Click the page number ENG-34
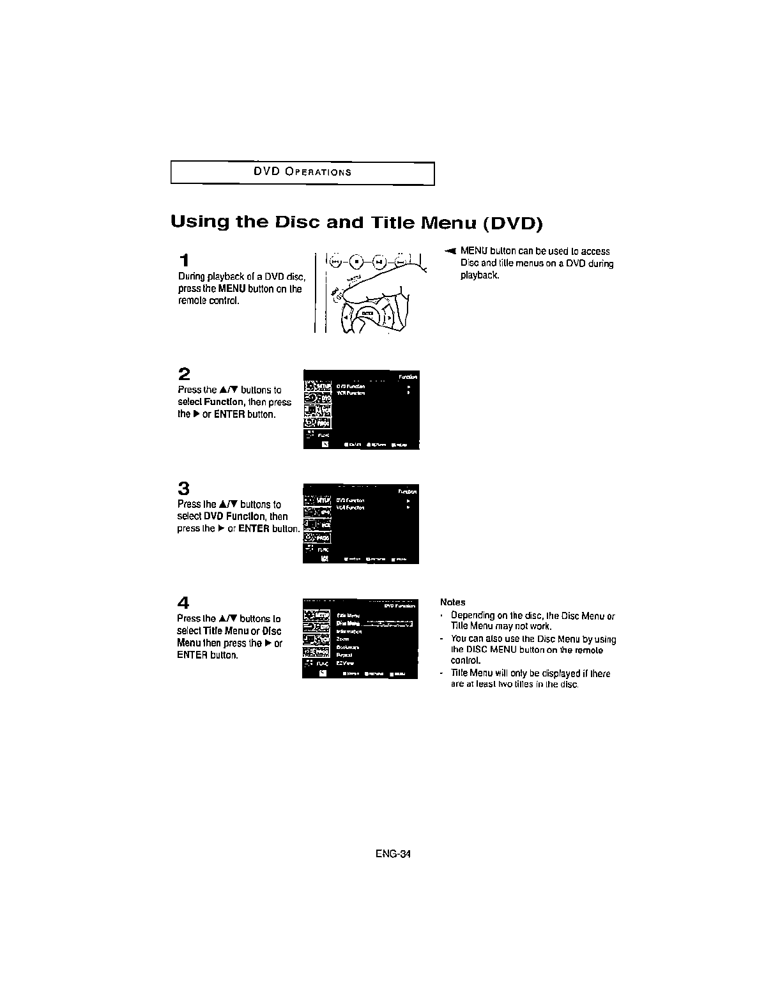pos(393,854)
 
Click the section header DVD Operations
pos(302,172)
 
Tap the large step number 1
pos(184,261)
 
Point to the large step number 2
pos(184,374)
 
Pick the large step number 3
pos(184,489)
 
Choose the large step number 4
pos(184,602)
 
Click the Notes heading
pos(453,602)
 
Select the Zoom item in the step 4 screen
pos(343,639)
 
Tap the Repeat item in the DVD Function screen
pos(344,655)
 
